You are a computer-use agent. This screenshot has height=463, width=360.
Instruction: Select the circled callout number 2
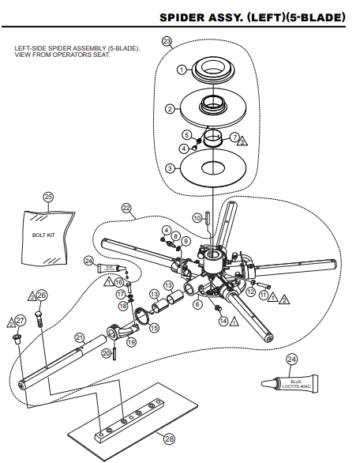[x=169, y=108]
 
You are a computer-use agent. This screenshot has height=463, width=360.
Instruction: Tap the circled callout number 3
[x=169, y=168]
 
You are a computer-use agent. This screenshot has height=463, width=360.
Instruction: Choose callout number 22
[x=126, y=208]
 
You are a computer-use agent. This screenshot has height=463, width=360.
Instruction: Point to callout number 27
[x=21, y=320]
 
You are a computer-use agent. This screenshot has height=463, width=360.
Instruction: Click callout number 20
[x=105, y=353]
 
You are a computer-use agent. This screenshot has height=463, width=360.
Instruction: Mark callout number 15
[x=154, y=327]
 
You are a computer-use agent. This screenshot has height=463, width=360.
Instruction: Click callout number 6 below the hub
[x=197, y=303]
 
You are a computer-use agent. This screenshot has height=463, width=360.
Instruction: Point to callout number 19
[x=131, y=342]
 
